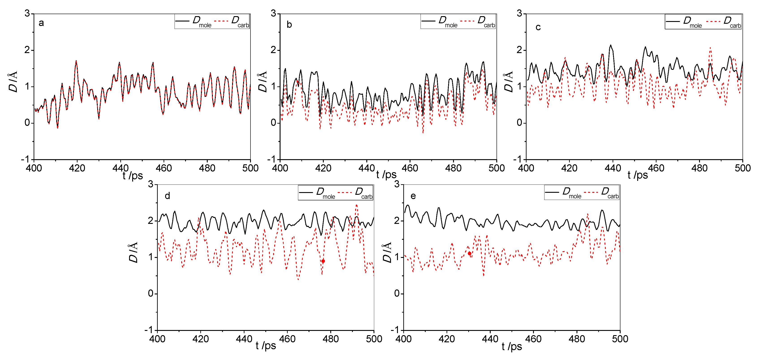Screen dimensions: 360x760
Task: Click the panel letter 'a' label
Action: [41, 23]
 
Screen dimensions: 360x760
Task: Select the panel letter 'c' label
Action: [538, 27]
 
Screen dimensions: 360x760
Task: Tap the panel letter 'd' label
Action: [167, 196]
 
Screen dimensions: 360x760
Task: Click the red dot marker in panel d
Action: [323, 261]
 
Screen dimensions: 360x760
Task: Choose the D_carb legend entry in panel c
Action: [732, 22]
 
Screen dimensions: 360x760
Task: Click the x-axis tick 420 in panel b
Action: [323, 168]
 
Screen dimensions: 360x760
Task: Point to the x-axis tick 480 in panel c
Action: [699, 168]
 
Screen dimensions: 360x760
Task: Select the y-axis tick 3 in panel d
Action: [151, 184]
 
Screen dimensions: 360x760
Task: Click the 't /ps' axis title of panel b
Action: [386, 175]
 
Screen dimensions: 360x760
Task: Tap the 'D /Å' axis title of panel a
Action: [13, 82]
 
